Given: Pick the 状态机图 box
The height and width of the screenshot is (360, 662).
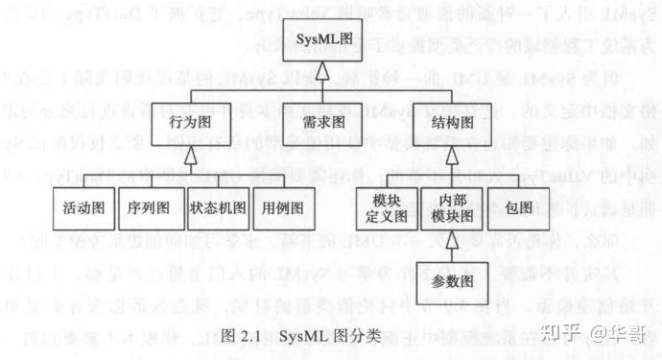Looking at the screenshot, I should (215, 206).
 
